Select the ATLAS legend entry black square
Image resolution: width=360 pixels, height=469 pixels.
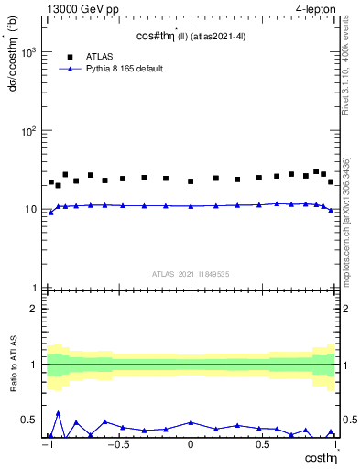(69, 55)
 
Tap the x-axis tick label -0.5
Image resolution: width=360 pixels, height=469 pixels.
(116, 445)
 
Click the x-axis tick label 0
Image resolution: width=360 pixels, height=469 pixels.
(191, 445)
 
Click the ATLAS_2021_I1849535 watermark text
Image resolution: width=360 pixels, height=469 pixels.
(191, 273)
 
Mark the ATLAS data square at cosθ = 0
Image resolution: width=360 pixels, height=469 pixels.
(191, 181)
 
